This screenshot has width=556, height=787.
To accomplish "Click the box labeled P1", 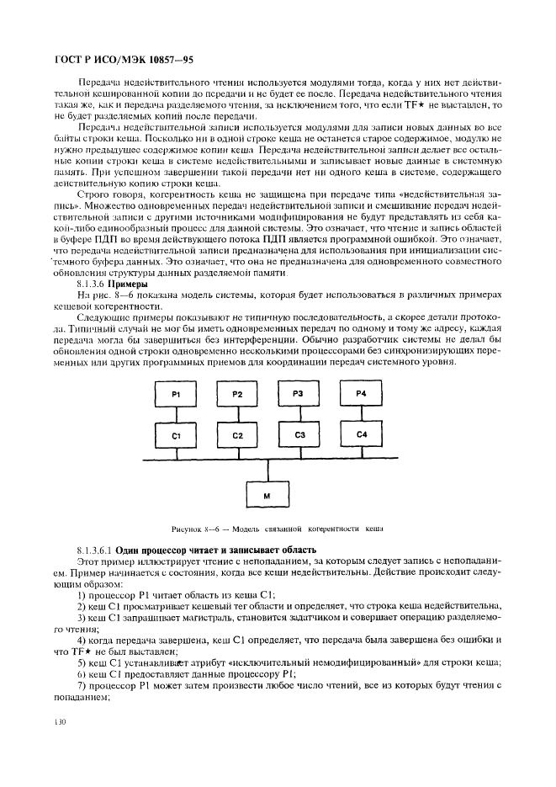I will [x=177, y=393].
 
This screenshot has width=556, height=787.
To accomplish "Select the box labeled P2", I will [x=237, y=394].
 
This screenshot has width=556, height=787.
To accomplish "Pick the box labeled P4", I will [x=362, y=392].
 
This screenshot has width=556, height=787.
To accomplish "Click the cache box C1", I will [x=177, y=435].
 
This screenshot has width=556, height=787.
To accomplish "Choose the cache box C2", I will [x=237, y=435].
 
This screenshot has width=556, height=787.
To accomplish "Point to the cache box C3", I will [x=300, y=434].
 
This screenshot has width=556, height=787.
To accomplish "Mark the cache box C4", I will [x=362, y=433].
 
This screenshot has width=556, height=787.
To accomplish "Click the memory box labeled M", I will [x=267, y=496].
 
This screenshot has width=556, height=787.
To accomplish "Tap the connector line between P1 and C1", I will [x=177, y=414].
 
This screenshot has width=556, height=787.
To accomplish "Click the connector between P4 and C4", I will [x=362, y=413].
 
